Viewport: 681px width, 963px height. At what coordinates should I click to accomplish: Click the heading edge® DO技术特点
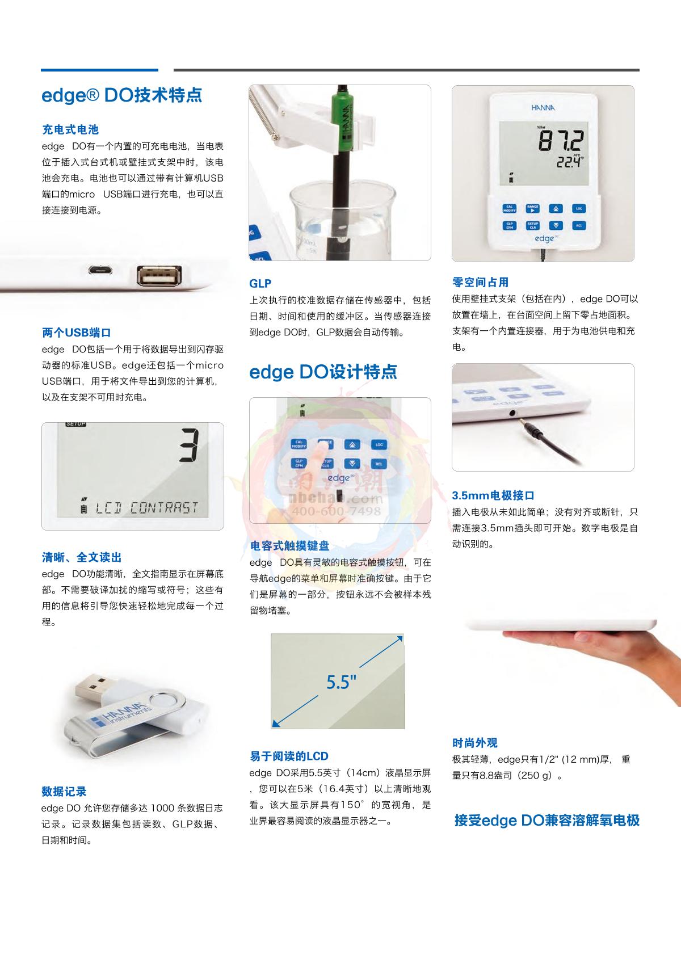coord(121,95)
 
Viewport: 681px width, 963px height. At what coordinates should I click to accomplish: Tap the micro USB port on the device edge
coord(100,270)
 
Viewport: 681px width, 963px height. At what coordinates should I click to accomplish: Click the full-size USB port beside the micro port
coord(159,275)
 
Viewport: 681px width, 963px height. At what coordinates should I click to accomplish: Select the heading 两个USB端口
coord(77,333)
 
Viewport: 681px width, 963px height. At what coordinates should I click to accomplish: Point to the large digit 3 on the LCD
coord(189,445)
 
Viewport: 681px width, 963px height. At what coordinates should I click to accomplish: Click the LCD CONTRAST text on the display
coord(146,508)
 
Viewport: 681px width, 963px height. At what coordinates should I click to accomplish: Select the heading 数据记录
coord(64,791)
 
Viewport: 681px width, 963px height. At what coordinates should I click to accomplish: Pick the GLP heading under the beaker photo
coord(260,283)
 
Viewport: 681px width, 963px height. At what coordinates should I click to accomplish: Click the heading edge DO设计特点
coord(323,372)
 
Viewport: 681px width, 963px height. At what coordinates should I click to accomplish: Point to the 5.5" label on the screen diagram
coord(342,682)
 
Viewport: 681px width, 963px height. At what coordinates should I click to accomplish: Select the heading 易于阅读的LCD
coord(289,756)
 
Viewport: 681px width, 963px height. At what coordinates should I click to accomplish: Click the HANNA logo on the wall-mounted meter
coord(543,107)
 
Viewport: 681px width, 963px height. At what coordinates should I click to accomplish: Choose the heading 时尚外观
coord(475,742)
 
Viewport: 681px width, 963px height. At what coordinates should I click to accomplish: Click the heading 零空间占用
coord(481,282)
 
